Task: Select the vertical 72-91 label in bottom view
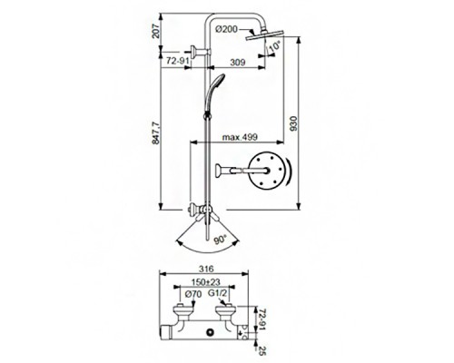pos(262,318)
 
